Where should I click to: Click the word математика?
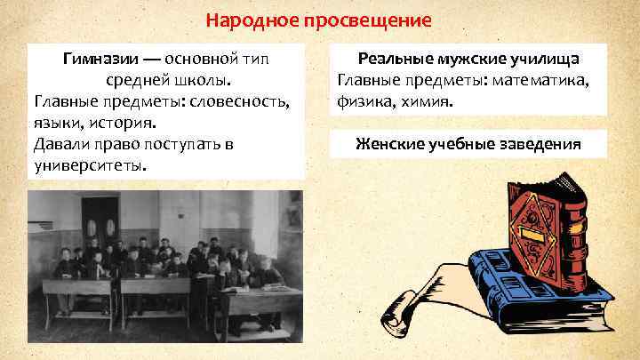click(x=546, y=81)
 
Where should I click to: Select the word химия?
click(x=429, y=101)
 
